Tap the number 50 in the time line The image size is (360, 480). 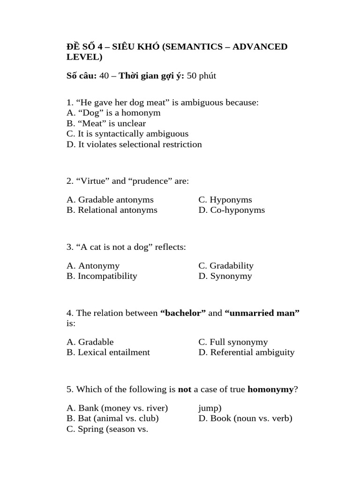click(191, 76)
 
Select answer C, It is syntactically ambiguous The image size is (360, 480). click(127, 134)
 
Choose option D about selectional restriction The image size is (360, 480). click(134, 144)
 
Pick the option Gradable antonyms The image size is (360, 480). click(110, 200)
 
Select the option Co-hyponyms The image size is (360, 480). click(232, 210)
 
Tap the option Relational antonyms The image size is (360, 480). click(112, 210)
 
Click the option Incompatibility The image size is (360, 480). click(102, 276)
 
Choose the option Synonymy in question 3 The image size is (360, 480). click(225, 276)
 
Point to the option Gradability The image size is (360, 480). click(226, 266)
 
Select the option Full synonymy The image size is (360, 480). click(233, 342)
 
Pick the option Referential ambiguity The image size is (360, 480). click(247, 352)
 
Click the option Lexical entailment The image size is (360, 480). click(108, 352)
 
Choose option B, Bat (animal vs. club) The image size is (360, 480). click(112, 419)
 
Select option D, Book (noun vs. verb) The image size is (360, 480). click(245, 419)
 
